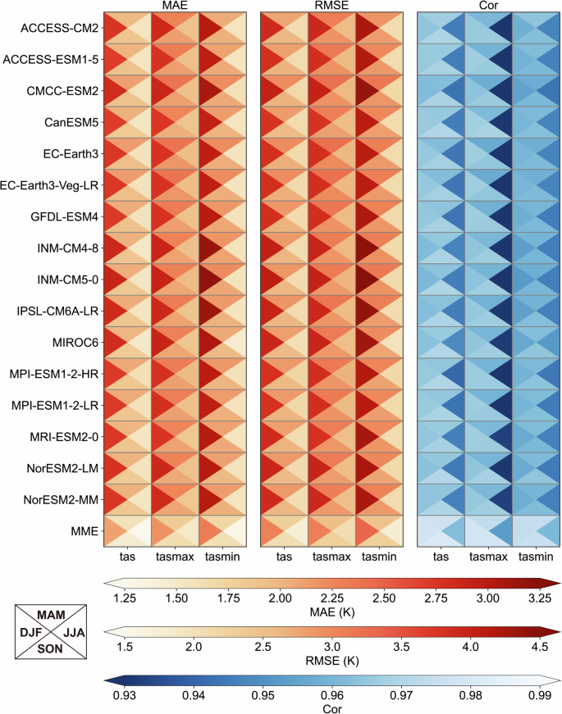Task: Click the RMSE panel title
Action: (x=331, y=6)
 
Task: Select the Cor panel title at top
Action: (x=488, y=6)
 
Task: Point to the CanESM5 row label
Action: (x=71, y=122)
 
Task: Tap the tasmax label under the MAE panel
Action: (x=174, y=557)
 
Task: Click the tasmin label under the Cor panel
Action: (x=536, y=557)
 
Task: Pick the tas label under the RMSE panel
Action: (x=284, y=557)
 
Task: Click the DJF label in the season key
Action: (x=31, y=633)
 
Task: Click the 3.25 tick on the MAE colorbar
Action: (x=539, y=598)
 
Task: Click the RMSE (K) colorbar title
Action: (x=331, y=661)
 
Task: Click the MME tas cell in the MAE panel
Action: (x=126, y=530)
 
